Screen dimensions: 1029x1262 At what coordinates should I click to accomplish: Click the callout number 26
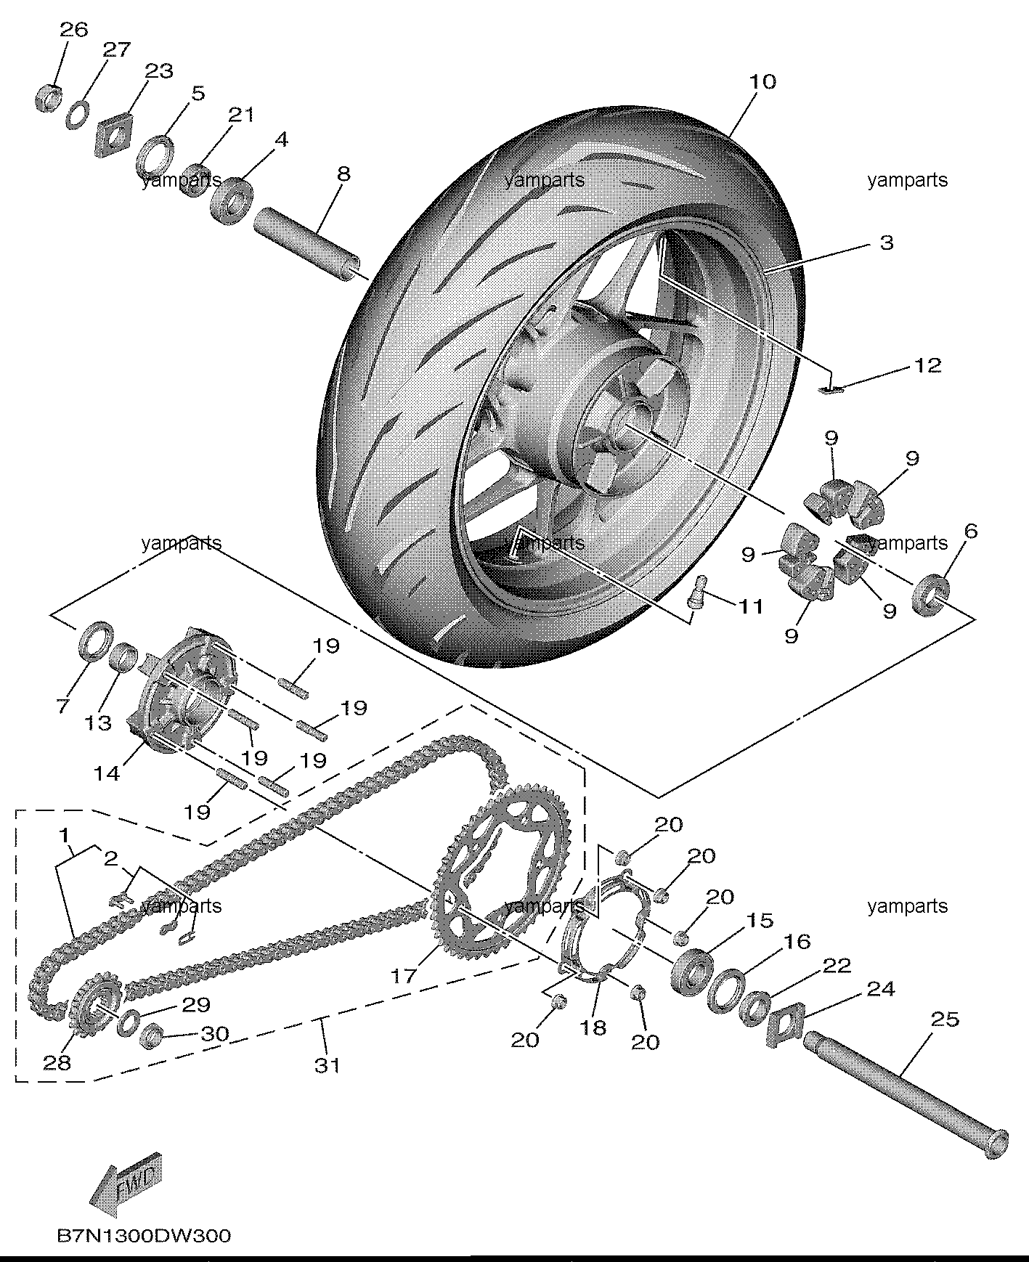(73, 30)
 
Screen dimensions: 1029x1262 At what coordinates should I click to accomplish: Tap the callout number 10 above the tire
(762, 81)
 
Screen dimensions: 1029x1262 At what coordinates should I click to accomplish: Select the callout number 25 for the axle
(945, 1019)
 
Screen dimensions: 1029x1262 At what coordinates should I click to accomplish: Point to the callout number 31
(327, 1065)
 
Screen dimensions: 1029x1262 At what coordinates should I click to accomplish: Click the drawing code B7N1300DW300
(144, 1235)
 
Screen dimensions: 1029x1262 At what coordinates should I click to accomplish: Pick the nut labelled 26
(47, 97)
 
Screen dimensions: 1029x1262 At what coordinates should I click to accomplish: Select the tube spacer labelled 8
(306, 243)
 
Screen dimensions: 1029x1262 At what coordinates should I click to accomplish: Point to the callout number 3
(887, 243)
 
